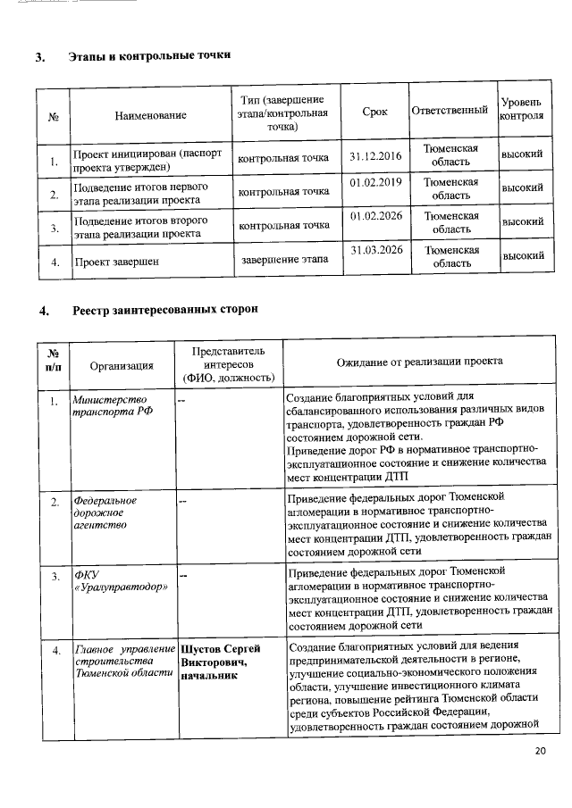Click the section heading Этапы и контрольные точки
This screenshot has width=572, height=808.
point(150,56)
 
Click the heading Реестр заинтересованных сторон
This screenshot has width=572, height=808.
point(165,310)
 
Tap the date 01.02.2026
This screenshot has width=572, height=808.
point(376,216)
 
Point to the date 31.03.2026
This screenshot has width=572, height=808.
point(376,250)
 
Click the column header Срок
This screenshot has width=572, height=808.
point(375,112)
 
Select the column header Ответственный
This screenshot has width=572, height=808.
point(450,111)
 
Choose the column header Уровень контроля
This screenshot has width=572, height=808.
point(522,111)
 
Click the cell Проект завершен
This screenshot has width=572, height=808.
point(117,262)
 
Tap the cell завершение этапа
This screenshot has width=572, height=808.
point(284,260)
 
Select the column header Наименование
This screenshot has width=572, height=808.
point(150,116)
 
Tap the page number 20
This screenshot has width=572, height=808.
point(540,751)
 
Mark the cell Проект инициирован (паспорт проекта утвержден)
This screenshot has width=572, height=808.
point(146,160)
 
